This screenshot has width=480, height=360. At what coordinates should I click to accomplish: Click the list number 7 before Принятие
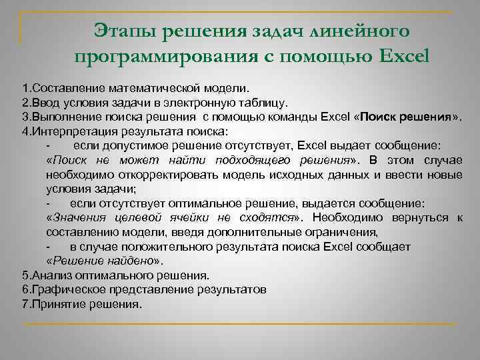[25, 304]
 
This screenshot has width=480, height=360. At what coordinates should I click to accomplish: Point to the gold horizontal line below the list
[240, 324]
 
